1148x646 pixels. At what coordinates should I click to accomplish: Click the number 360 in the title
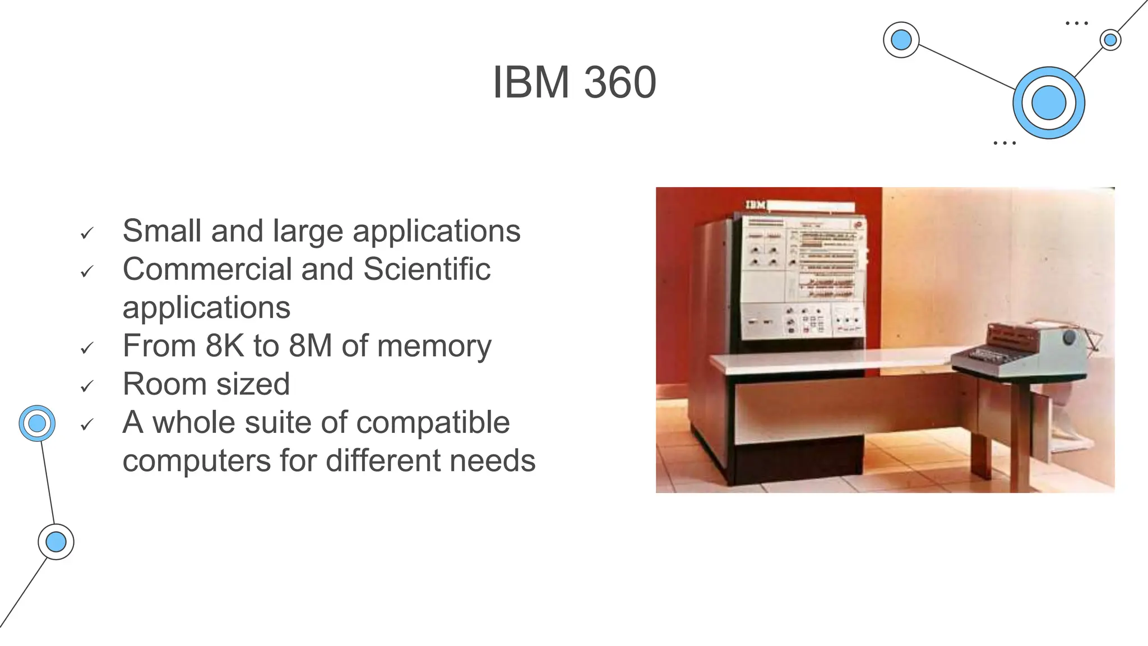620,82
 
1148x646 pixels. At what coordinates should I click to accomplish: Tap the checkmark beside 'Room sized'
86,386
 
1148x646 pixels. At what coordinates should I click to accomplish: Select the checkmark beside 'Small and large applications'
86,233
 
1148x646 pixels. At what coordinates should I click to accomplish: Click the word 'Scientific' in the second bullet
427,269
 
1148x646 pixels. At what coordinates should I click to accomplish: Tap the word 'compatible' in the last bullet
433,422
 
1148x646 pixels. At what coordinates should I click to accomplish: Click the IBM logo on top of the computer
756,205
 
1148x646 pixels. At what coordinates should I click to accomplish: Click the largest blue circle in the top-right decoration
1048,103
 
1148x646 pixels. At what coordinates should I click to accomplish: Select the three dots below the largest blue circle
1004,143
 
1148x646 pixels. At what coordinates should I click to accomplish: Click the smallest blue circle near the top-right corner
1110,40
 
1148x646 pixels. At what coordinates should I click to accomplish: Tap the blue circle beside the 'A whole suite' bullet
37,423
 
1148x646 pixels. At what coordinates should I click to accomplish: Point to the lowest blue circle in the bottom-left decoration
56,542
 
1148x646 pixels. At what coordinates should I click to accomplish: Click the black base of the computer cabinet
796,460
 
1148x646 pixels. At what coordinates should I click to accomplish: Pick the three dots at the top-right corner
1077,24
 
